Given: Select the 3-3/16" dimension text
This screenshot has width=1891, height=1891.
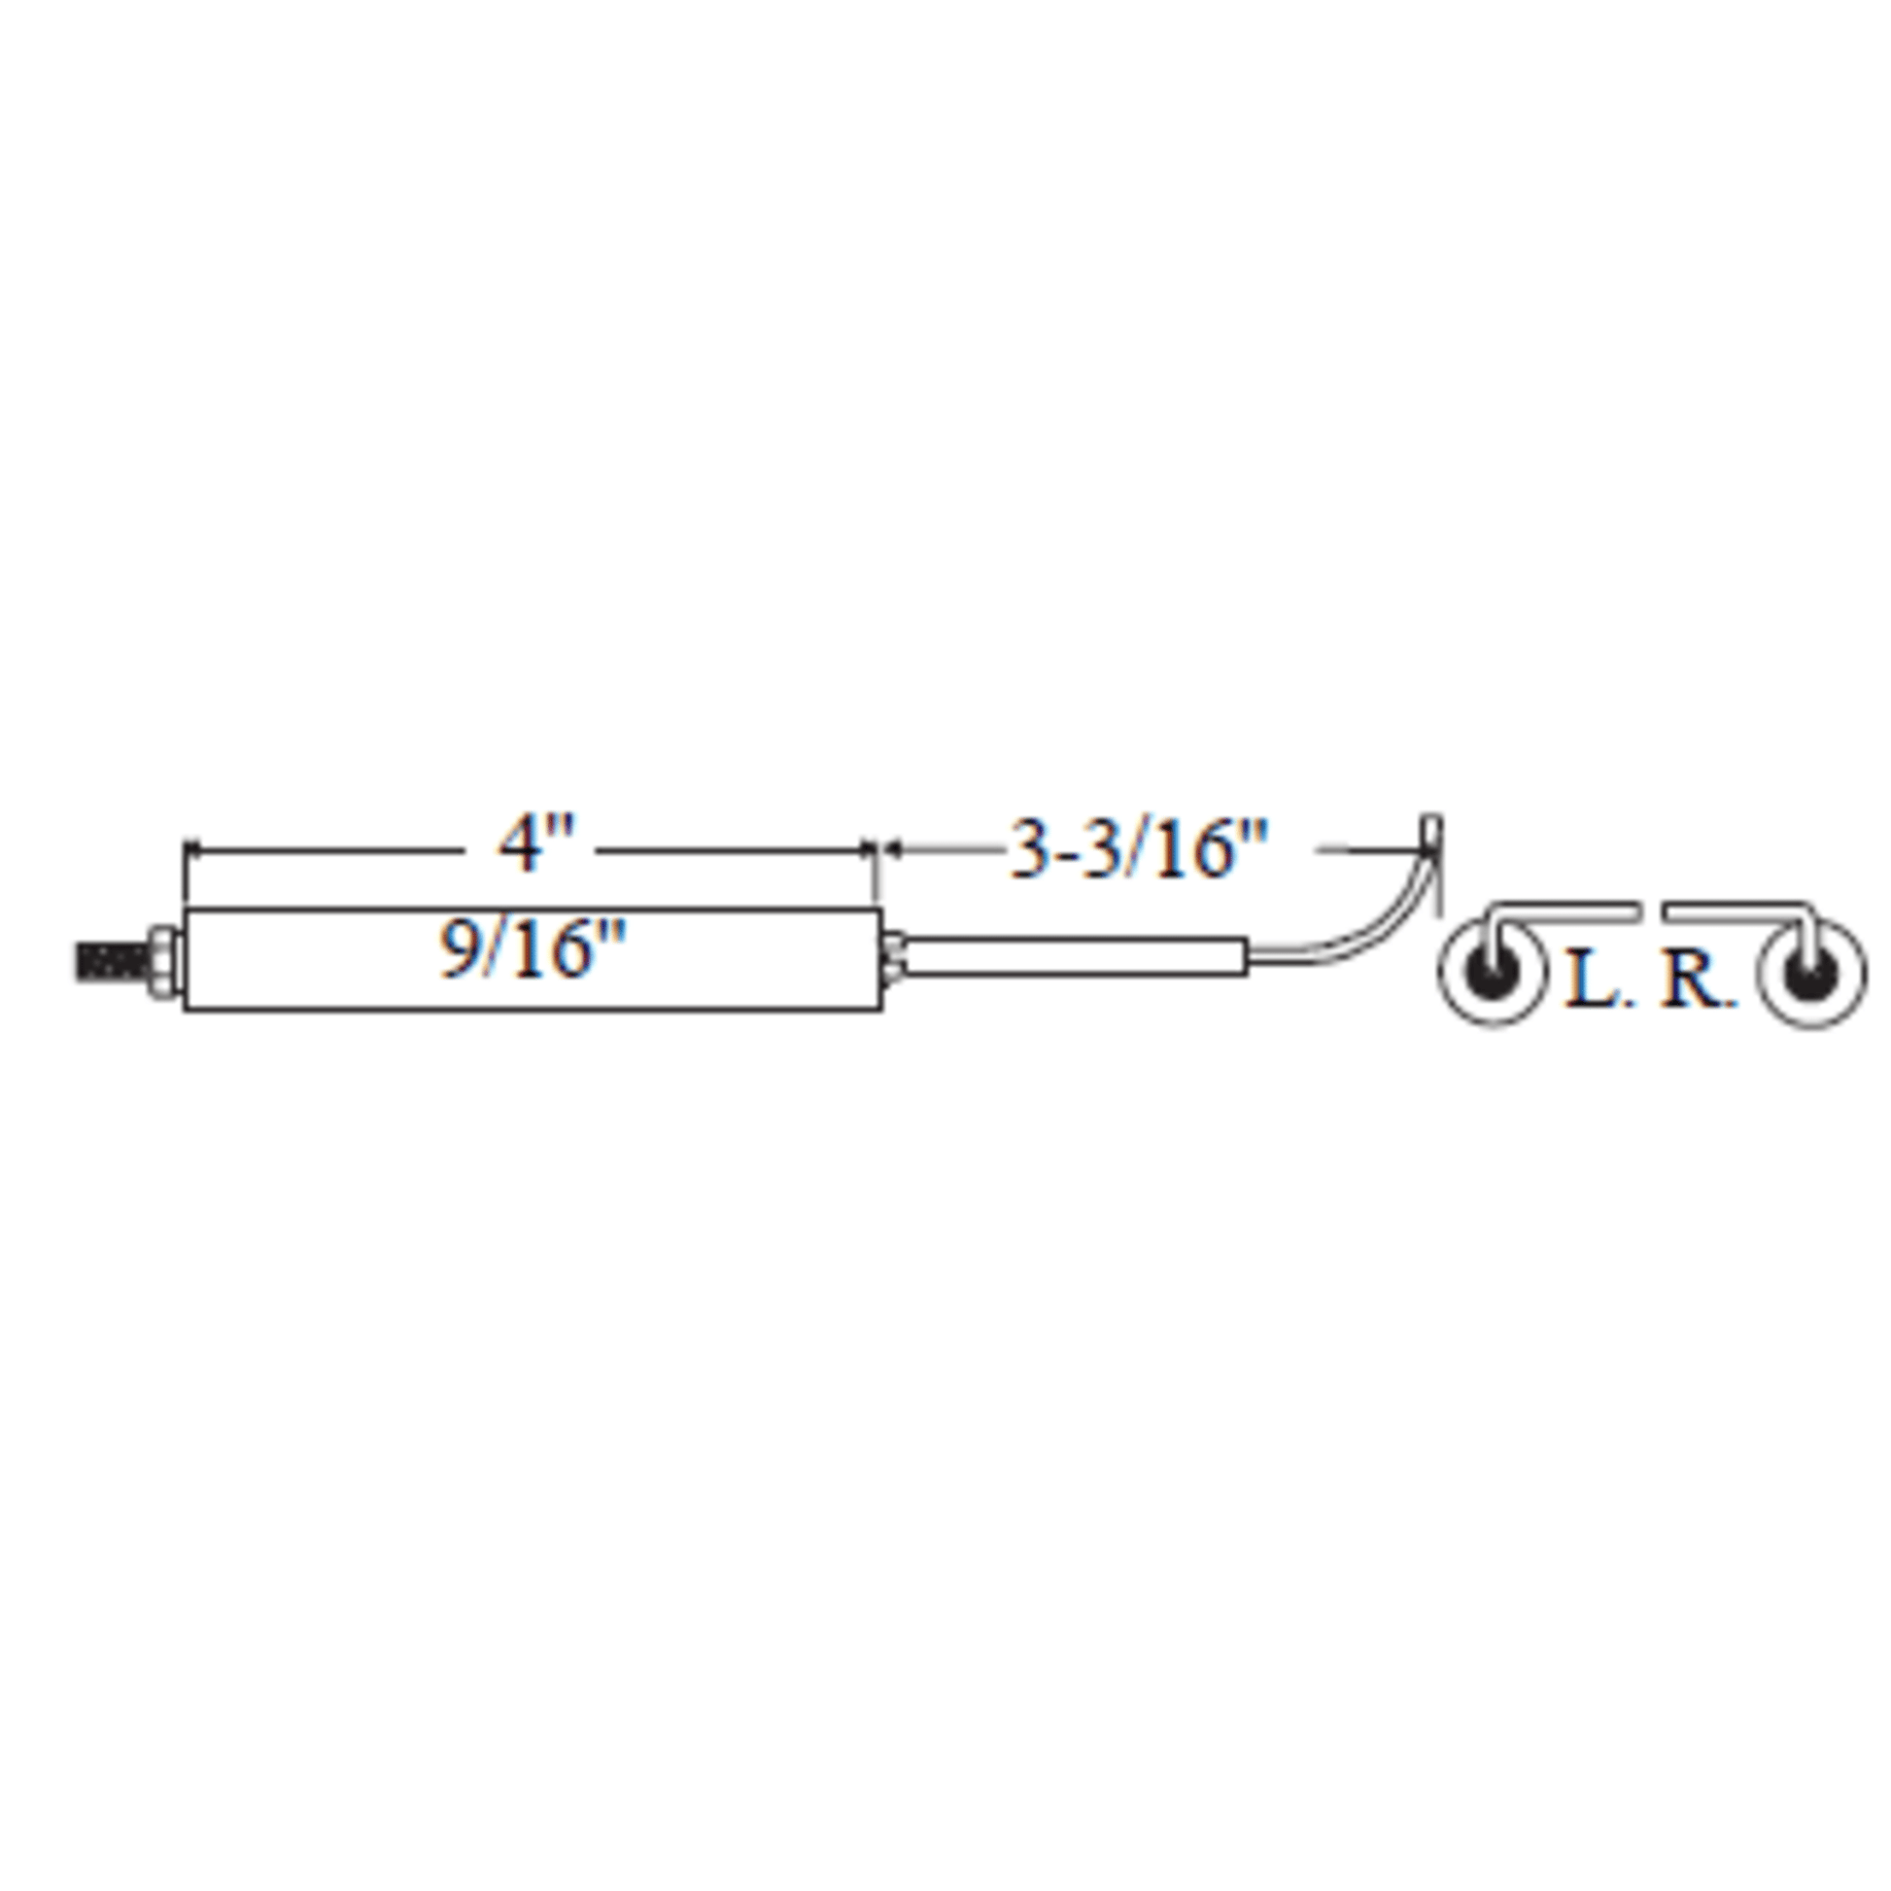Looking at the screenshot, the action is [x=1138, y=848].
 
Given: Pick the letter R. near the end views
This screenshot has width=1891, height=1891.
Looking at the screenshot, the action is [x=1698, y=980].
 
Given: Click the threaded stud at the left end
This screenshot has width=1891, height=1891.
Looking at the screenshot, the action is [x=111, y=960].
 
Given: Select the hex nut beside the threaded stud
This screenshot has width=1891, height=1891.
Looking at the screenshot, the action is [x=163, y=960].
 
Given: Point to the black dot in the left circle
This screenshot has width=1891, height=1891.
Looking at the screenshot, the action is [x=1491, y=971].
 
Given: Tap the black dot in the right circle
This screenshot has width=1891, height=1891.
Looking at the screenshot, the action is [x=1810, y=971].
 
